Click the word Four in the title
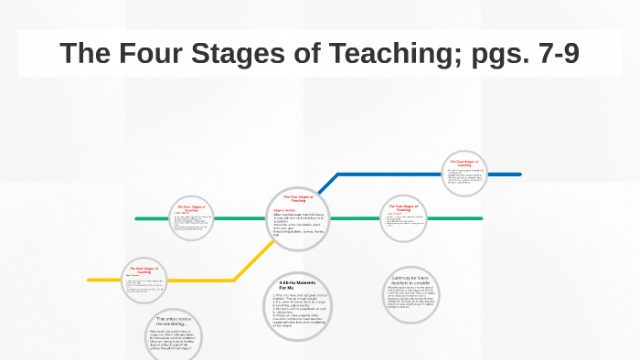point(148,53)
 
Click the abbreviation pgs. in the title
point(476,53)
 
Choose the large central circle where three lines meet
point(298,217)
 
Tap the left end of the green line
point(137,218)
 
